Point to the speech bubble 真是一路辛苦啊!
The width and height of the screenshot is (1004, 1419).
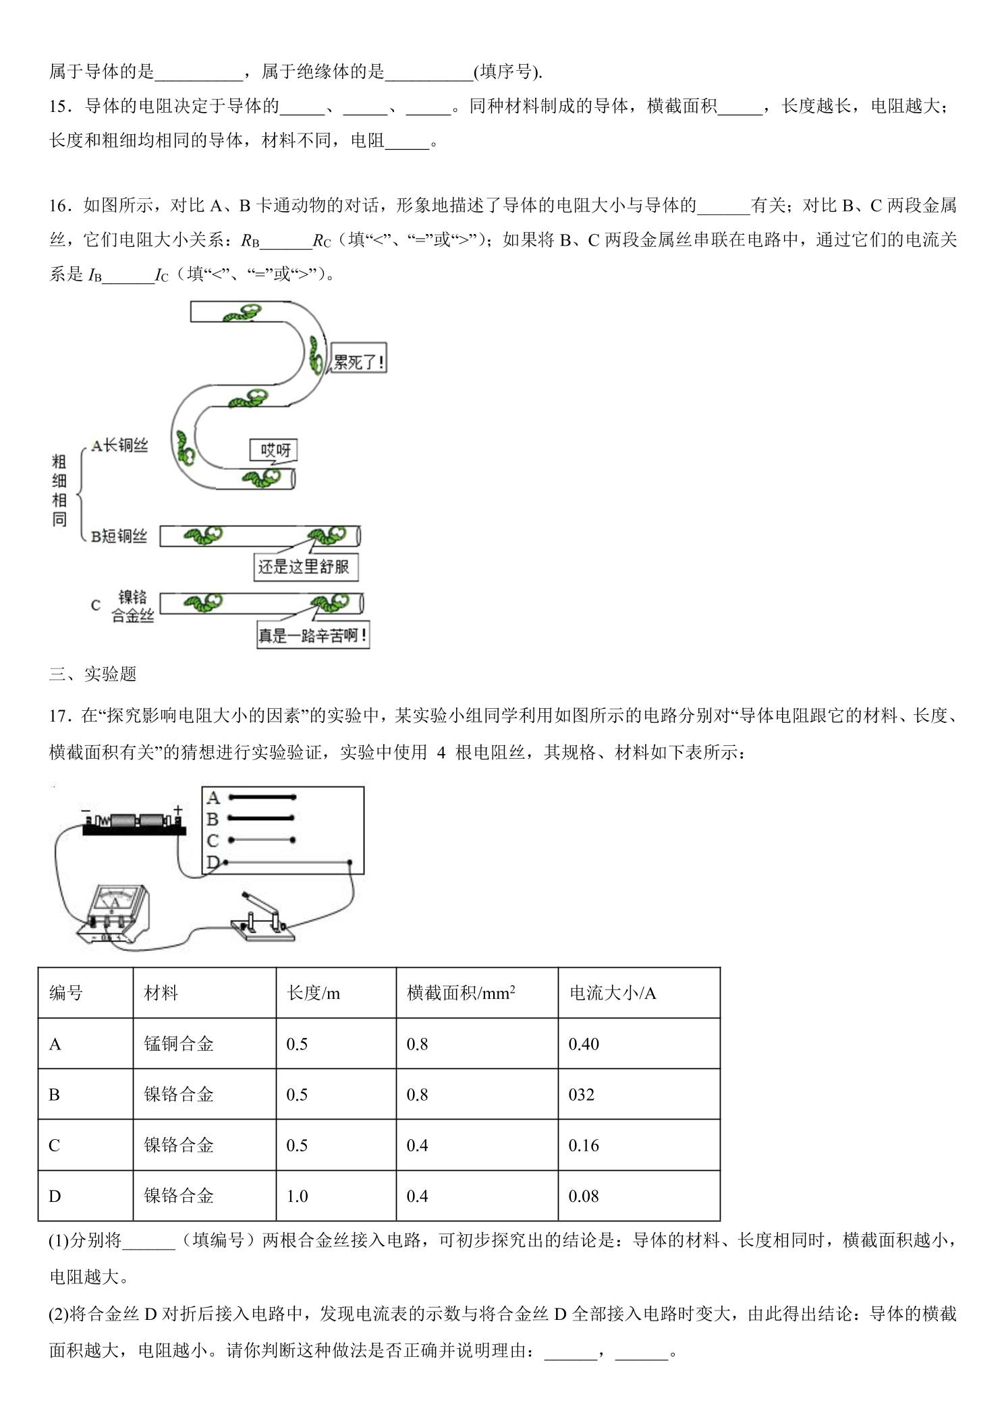(313, 634)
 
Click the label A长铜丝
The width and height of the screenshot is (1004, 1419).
(119, 445)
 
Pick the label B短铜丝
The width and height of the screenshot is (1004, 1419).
(119, 536)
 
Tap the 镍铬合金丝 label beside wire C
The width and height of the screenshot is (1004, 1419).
(132, 606)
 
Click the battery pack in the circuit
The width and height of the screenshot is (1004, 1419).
(134, 821)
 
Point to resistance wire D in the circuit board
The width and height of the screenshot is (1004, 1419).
(287, 862)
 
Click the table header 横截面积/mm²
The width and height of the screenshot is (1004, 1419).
(462, 993)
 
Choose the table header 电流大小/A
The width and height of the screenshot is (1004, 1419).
(613, 993)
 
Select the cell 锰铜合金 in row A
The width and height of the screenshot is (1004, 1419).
(179, 1044)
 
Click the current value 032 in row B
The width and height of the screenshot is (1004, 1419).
(581, 1095)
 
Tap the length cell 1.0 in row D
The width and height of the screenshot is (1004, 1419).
(297, 1196)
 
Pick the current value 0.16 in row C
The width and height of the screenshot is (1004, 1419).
(584, 1145)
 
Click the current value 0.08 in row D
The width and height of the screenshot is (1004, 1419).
(584, 1196)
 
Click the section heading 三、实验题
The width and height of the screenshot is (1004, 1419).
(93, 674)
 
